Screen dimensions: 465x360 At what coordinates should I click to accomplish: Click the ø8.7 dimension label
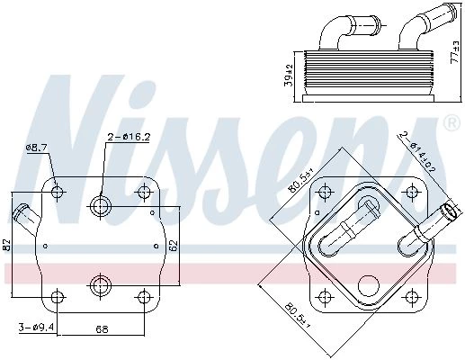(37, 148)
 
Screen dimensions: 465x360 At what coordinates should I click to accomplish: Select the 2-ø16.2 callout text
(129, 137)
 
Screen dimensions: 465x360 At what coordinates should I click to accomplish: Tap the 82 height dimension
(6, 246)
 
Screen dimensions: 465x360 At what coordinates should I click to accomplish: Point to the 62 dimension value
(174, 246)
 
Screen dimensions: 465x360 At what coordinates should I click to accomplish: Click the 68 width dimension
(102, 329)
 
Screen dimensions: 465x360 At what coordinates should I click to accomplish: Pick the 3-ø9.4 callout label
(36, 327)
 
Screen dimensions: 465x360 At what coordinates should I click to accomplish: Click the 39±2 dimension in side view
(289, 75)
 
